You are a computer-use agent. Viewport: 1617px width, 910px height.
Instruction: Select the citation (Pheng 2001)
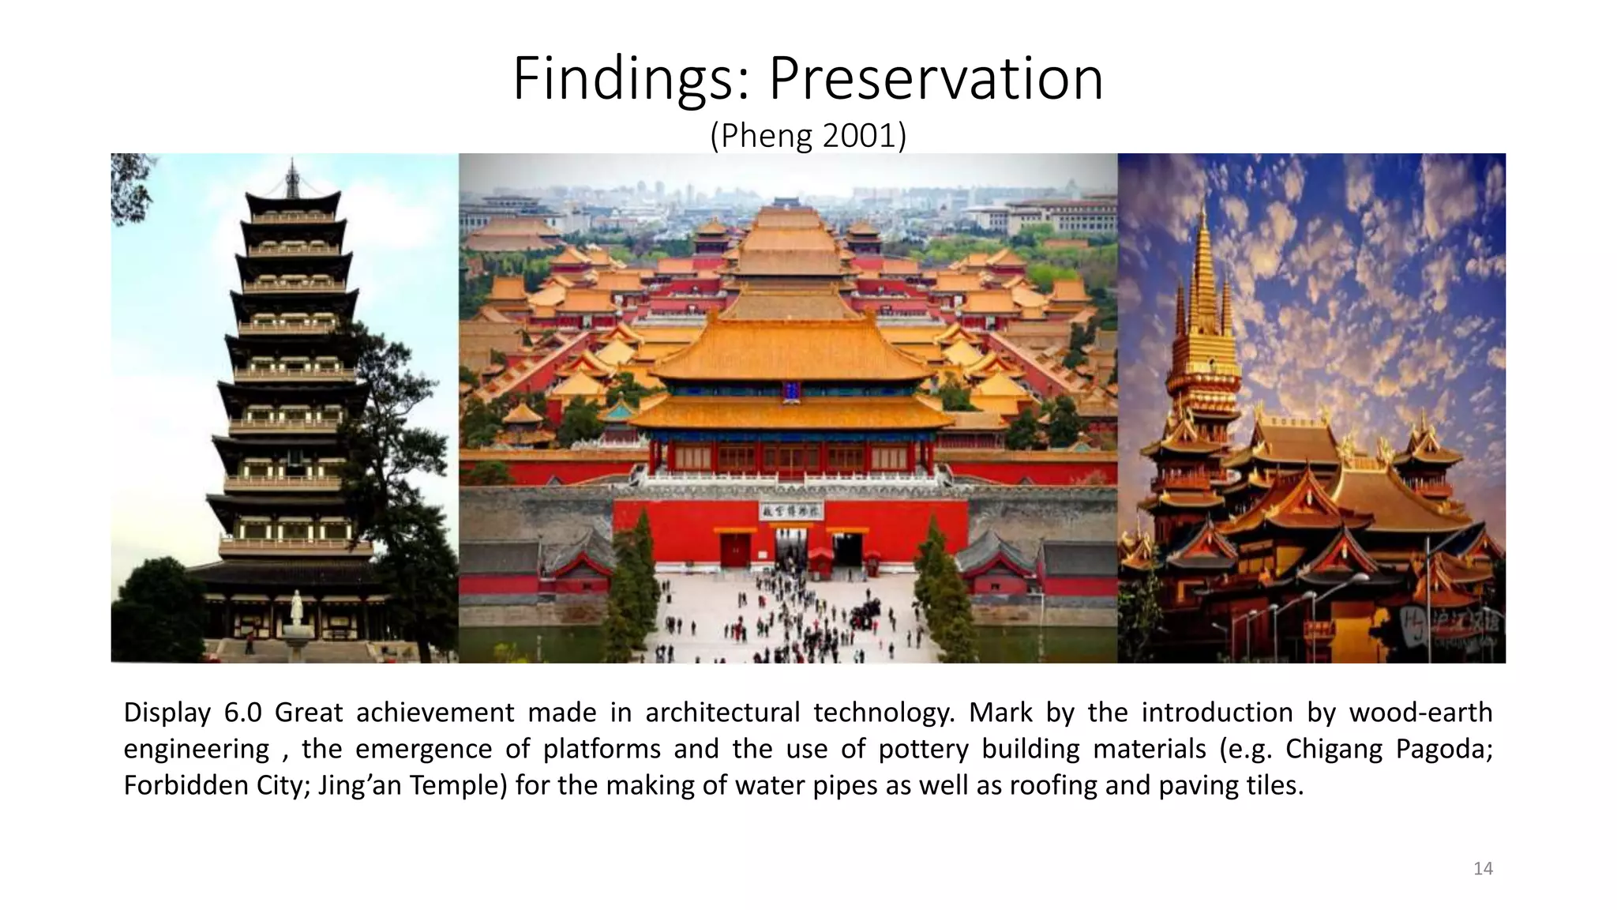point(808,136)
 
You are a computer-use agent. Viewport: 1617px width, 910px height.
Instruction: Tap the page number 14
point(1483,869)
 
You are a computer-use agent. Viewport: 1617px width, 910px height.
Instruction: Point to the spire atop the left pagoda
point(292,178)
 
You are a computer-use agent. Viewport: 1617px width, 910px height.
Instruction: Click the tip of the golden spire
point(1202,207)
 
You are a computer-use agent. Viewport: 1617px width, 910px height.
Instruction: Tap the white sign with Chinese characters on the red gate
point(791,511)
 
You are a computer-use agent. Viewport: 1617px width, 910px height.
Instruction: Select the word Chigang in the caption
point(1334,749)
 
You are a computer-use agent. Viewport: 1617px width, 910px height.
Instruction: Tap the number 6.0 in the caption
point(242,713)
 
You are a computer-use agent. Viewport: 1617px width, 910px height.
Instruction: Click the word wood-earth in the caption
point(1420,713)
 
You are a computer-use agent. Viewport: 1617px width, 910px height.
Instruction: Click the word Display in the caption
point(167,713)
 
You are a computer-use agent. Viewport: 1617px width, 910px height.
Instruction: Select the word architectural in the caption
point(722,713)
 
